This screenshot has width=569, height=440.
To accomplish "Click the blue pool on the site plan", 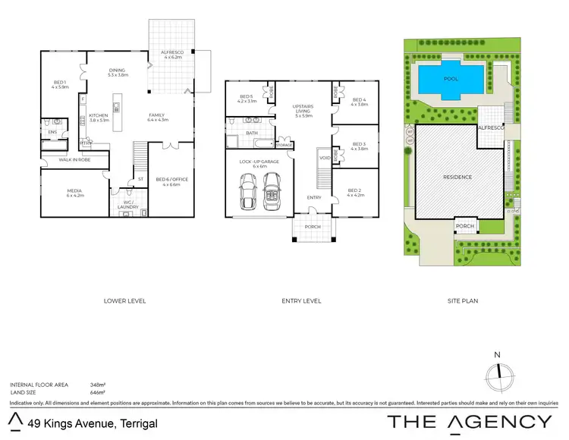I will click(451, 78).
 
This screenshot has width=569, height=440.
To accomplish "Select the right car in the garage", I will click(272, 193).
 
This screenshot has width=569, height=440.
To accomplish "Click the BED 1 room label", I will click(60, 83).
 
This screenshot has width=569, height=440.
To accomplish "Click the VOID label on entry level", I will click(324, 158).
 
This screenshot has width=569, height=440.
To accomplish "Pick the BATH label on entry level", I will click(252, 133).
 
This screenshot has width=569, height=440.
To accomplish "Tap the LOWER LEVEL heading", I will click(124, 301).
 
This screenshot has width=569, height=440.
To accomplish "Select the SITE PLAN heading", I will click(462, 301).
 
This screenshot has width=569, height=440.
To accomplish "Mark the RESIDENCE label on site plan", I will click(457, 177).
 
